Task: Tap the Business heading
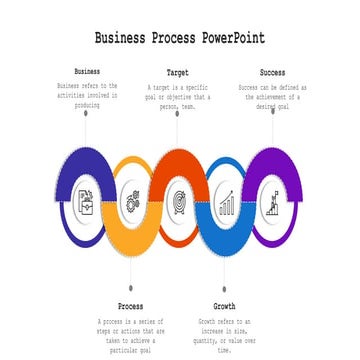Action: coord(87,72)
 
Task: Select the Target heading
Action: coord(178,73)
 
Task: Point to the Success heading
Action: coord(271,73)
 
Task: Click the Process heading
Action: coord(130,305)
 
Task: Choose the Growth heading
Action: coord(225,305)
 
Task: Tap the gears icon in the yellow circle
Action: coord(131,199)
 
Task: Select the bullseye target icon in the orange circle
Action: coord(178,200)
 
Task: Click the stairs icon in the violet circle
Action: coord(272,199)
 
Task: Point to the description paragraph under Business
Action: coord(87,95)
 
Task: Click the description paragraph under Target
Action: coord(178,100)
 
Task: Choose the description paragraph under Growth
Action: coord(225,335)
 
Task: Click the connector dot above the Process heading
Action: coord(131,289)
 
